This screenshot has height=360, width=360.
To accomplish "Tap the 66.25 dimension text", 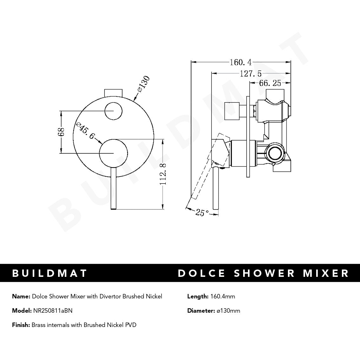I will pyautogui.click(x=270, y=83).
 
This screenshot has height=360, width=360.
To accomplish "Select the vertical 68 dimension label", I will pyautogui.click(x=61, y=132).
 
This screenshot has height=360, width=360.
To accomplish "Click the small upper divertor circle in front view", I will pyautogui.click(x=113, y=111).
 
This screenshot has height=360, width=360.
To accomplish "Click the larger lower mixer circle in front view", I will pyautogui.click(x=113, y=153).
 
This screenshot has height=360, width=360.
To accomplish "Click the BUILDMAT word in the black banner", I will pyautogui.click(x=50, y=273).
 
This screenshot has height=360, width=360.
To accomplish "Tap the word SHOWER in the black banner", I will pyautogui.click(x=256, y=273).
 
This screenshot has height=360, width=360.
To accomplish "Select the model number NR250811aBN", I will pyautogui.click(x=53, y=310).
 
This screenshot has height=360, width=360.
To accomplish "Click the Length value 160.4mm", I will pyautogui.click(x=223, y=297).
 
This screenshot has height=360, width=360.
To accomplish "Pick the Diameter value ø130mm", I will pyautogui.click(x=228, y=310).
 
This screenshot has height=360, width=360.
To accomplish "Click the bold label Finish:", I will pyautogui.click(x=21, y=325).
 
